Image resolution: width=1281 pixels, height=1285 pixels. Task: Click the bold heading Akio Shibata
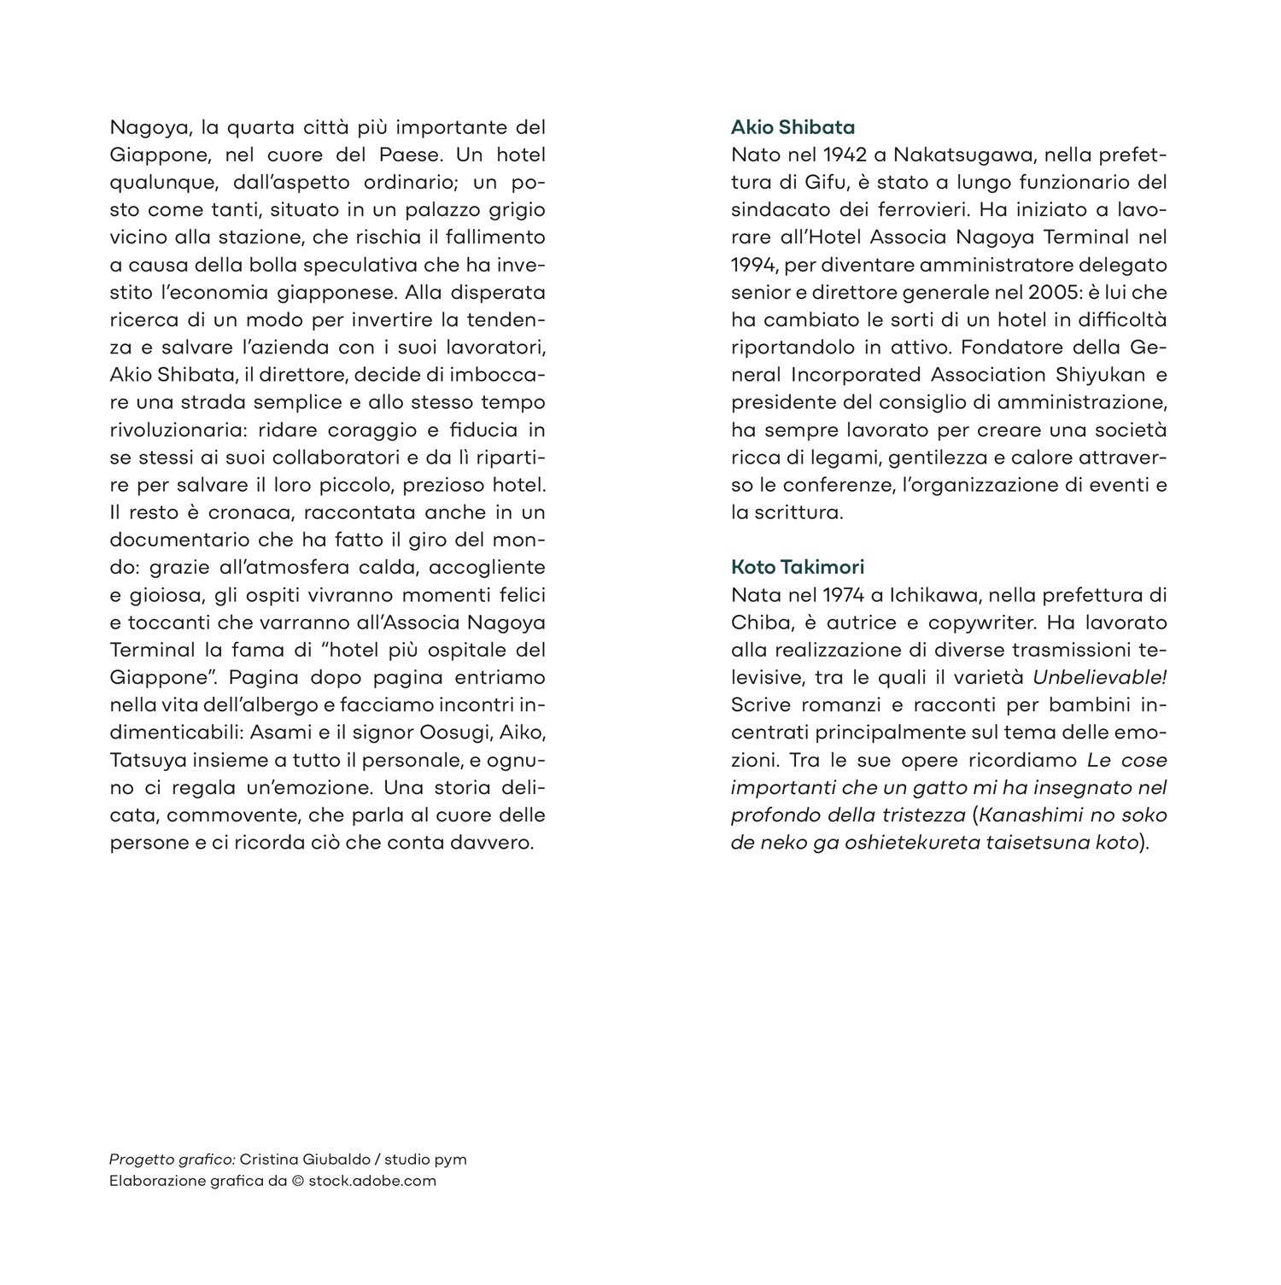click(793, 127)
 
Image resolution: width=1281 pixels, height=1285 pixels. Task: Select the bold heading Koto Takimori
click(798, 567)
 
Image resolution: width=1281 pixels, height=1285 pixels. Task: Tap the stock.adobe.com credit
click(372, 1182)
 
